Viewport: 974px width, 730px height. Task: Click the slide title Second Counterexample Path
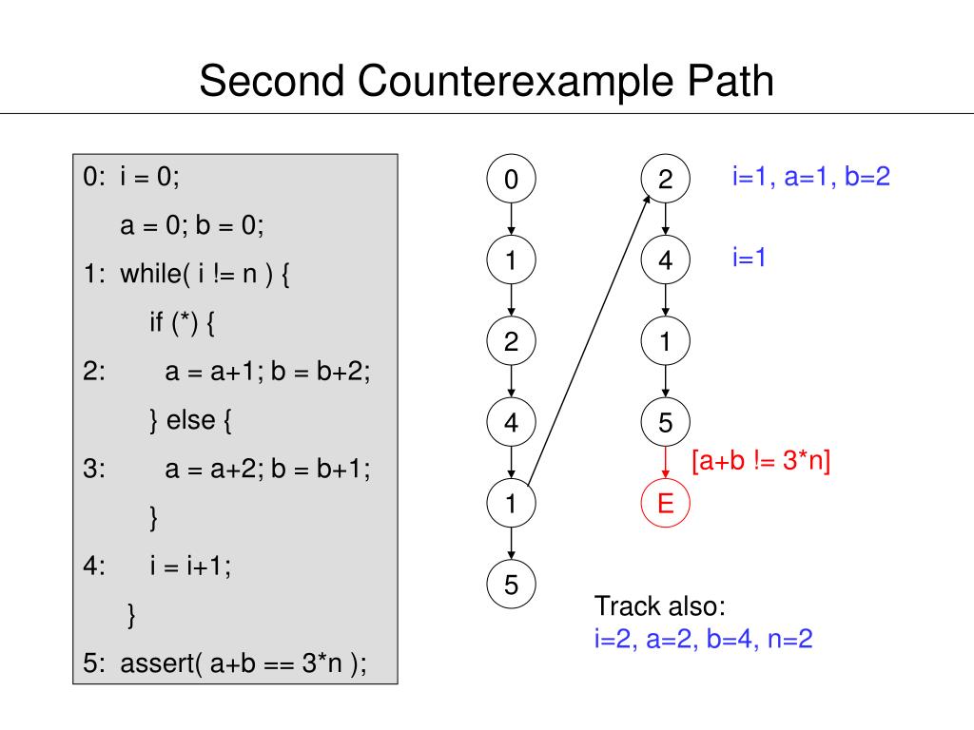pyautogui.click(x=486, y=82)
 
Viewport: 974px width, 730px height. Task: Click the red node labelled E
pyautogui.click(x=666, y=503)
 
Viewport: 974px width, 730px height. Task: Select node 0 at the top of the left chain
pyautogui.click(x=512, y=180)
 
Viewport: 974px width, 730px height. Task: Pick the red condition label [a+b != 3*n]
pyautogui.click(x=761, y=462)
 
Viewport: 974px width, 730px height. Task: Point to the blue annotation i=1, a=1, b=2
pyautogui.click(x=810, y=177)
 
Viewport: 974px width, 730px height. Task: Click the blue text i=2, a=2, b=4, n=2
pyautogui.click(x=704, y=639)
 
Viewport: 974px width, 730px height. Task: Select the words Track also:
pyautogui.click(x=659, y=606)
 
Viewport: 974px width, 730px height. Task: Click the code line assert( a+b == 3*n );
pyautogui.click(x=243, y=664)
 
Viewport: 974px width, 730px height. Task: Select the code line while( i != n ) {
pyautogui.click(x=205, y=274)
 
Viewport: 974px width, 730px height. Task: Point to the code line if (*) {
pyautogui.click(x=182, y=323)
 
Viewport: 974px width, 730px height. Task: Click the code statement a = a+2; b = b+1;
pyautogui.click(x=267, y=469)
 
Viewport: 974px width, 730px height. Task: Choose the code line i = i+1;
pyautogui.click(x=190, y=567)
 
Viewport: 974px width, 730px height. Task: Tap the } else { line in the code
pyautogui.click(x=190, y=420)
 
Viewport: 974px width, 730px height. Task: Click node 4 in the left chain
pyautogui.click(x=512, y=423)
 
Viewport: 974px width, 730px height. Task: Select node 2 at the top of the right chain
pyautogui.click(x=666, y=180)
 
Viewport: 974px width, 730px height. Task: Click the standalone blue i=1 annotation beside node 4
pyautogui.click(x=750, y=257)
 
